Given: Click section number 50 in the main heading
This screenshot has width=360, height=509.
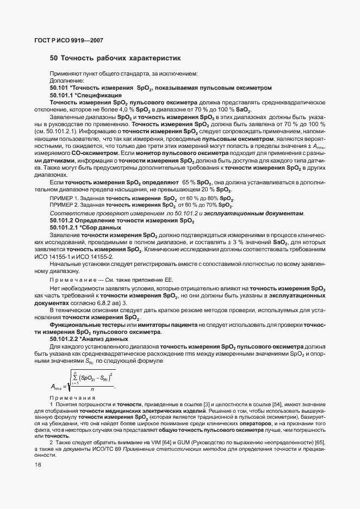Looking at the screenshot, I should (54, 58).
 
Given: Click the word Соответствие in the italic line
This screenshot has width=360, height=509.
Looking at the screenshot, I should (69, 213).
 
